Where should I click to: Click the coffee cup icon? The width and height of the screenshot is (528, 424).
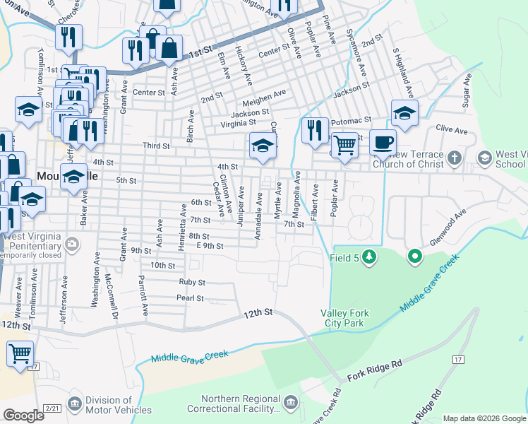click(x=383, y=142)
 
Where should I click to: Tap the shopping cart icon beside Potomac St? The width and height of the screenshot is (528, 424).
click(x=344, y=146)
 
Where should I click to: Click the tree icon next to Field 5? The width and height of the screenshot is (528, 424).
click(x=368, y=258)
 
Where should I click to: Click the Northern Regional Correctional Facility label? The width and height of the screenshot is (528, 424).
click(x=240, y=404)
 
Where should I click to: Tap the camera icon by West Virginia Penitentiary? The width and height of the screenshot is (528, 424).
click(x=71, y=245)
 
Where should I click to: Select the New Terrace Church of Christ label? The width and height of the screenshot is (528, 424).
click(x=407, y=160)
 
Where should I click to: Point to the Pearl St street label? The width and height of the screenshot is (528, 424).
click(x=190, y=298)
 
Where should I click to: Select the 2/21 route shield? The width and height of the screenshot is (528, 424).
click(x=52, y=408)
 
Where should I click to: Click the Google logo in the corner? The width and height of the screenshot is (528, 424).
click(x=23, y=416)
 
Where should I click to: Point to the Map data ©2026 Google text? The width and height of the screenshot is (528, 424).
click(x=484, y=418)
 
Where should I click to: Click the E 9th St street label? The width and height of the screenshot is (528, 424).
click(x=210, y=246)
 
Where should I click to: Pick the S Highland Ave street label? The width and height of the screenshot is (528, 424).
click(x=407, y=73)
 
